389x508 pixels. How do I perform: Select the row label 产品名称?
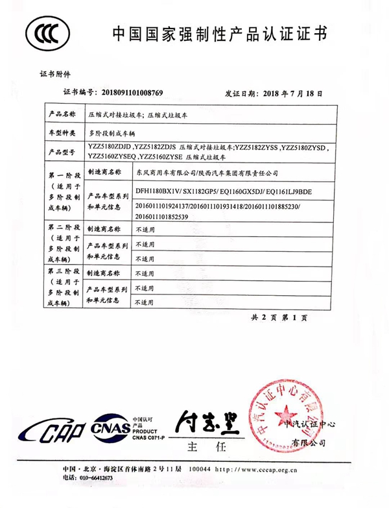point(63,114)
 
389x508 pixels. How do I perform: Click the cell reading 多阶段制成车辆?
point(111,132)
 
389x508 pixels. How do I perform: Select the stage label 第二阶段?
point(63,228)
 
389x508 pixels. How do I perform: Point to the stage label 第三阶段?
point(63,270)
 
